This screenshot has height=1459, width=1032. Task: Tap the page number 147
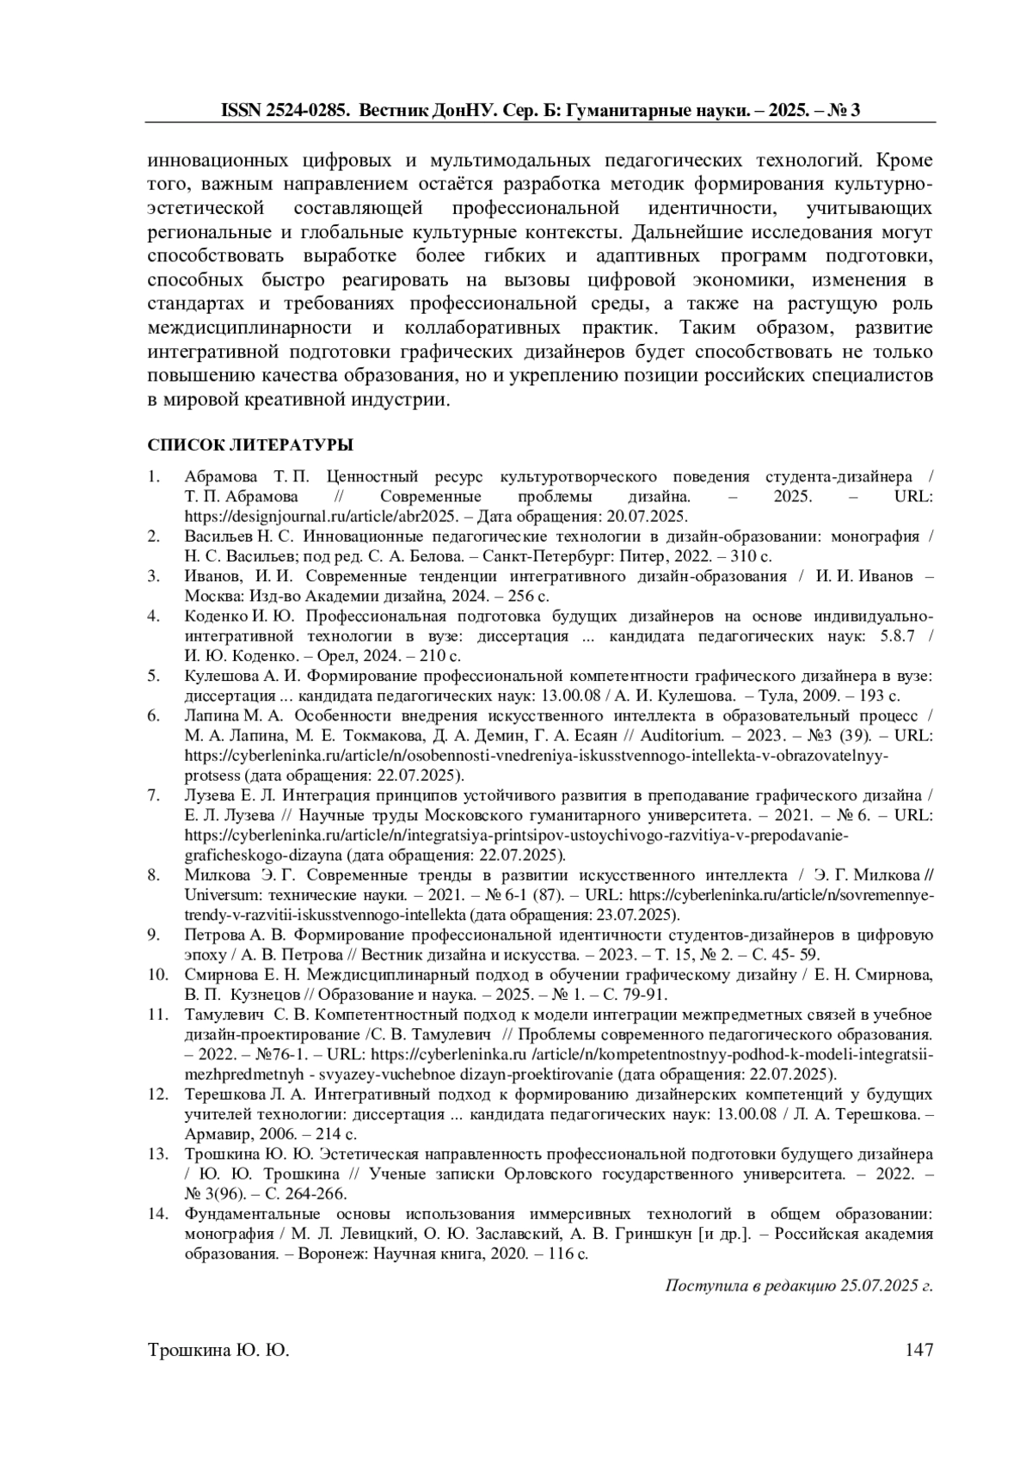tap(918, 1351)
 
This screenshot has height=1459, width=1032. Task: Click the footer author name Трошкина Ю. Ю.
tap(219, 1351)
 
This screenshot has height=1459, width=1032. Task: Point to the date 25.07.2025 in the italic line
tap(876, 1286)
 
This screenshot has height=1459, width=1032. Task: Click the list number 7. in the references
tap(155, 794)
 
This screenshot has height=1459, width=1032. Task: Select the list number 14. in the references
tap(157, 1214)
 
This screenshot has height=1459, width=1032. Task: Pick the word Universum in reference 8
tap(217, 894)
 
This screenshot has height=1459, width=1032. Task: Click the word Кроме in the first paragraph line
tap(903, 161)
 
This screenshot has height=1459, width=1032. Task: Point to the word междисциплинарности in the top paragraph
tap(249, 328)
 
